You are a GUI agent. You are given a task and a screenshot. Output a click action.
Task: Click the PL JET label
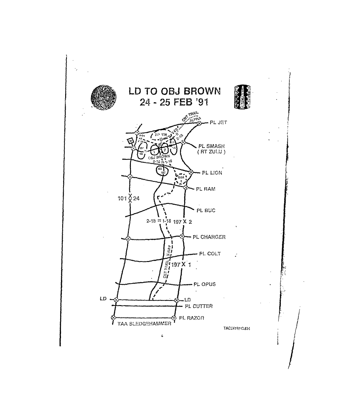(x=219, y=122)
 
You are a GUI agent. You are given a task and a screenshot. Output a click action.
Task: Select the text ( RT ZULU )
(x=213, y=152)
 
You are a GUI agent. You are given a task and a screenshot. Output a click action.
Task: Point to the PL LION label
(x=212, y=173)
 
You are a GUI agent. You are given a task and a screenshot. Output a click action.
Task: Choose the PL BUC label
(x=206, y=210)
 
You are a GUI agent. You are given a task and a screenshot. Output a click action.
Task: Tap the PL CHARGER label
(x=209, y=237)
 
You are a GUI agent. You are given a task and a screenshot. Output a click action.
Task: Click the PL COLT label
(x=210, y=254)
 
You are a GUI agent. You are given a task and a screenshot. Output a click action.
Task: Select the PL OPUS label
(x=205, y=284)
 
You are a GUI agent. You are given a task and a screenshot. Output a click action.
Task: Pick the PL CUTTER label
(x=199, y=306)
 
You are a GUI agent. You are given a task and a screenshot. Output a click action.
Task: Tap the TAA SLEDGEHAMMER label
(x=144, y=324)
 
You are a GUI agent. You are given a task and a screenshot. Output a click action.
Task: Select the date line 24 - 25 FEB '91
(x=174, y=103)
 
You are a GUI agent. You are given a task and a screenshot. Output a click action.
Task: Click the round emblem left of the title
(x=103, y=97)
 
